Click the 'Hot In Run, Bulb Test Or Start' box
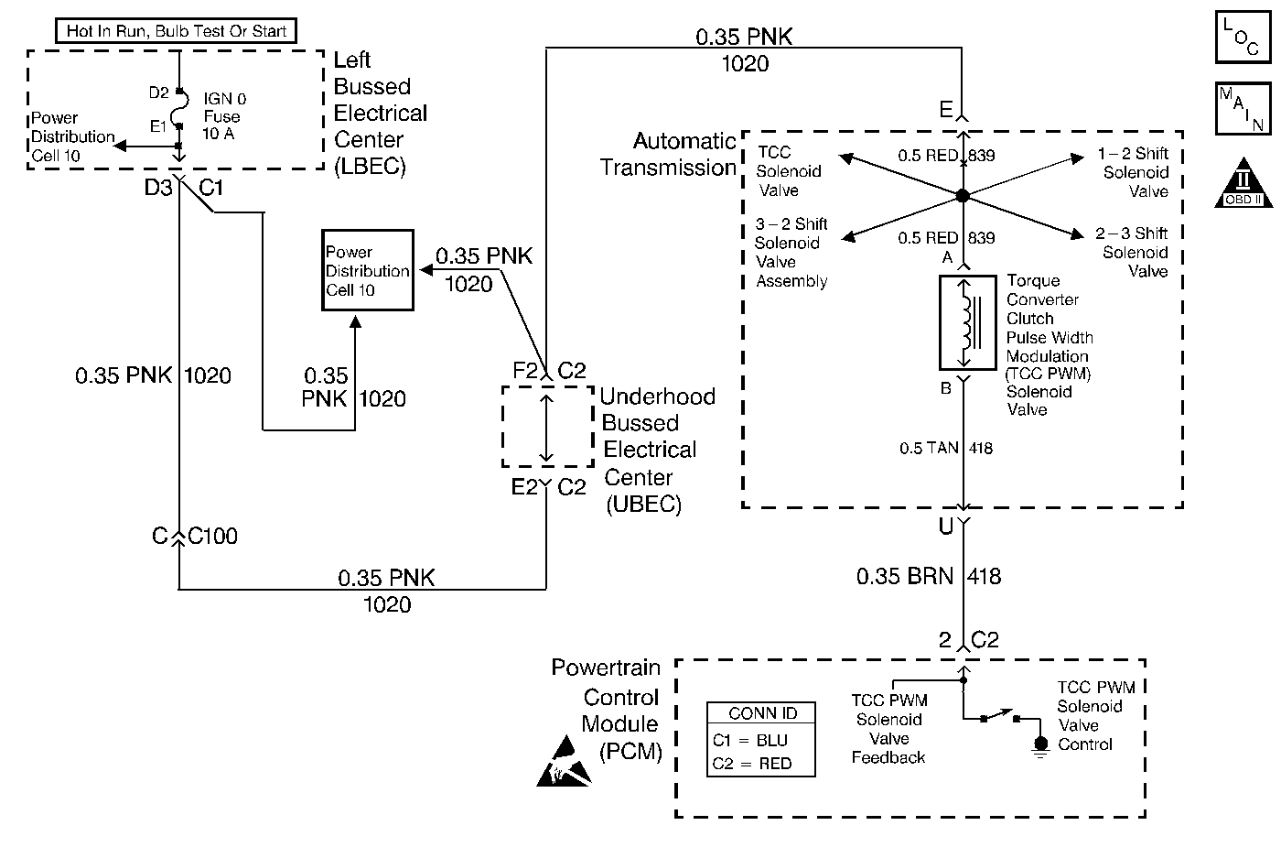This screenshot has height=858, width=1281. [177, 31]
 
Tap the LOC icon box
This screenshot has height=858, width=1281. [1242, 36]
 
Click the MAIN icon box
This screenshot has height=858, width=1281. [1242, 107]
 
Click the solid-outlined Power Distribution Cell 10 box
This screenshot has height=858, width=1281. [367, 271]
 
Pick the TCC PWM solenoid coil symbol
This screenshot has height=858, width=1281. [966, 320]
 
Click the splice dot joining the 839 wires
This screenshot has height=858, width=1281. [962, 195]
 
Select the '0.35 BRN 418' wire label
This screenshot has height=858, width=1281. [928, 577]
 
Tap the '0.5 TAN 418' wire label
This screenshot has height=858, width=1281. [945, 448]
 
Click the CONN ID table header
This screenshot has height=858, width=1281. [761, 713]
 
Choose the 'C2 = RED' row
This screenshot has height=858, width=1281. [752, 764]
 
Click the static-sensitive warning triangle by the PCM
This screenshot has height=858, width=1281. [564, 766]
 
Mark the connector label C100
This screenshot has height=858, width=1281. [212, 537]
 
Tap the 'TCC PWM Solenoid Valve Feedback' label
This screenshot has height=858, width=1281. [888, 729]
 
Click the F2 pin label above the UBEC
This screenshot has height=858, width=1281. [524, 371]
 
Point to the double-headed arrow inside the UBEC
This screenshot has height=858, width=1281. [546, 427]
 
